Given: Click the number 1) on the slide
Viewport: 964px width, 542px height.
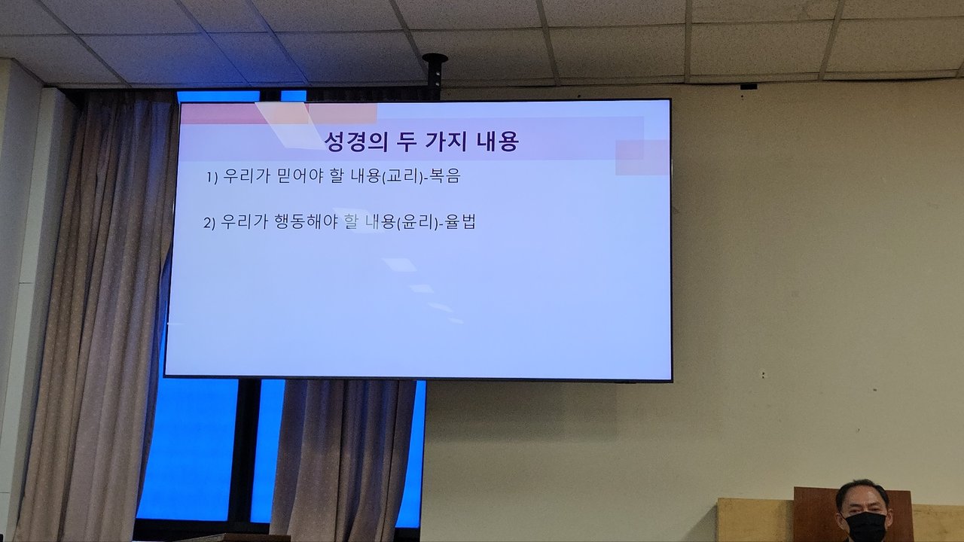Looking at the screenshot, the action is (212, 177).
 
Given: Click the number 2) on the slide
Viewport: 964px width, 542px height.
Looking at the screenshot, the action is (209, 223).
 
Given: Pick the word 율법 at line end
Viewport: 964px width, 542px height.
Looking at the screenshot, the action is (460, 222).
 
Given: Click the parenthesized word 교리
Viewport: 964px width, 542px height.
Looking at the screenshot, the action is (403, 176).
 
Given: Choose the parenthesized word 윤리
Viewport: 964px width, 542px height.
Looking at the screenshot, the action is (417, 222).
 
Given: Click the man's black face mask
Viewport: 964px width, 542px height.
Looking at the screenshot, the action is (865, 526).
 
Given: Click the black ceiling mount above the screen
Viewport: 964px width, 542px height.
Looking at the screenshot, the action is (435, 72).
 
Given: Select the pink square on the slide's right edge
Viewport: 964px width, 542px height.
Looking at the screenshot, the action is (642, 157).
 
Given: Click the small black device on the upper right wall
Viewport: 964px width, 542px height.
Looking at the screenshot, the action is (749, 86).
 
